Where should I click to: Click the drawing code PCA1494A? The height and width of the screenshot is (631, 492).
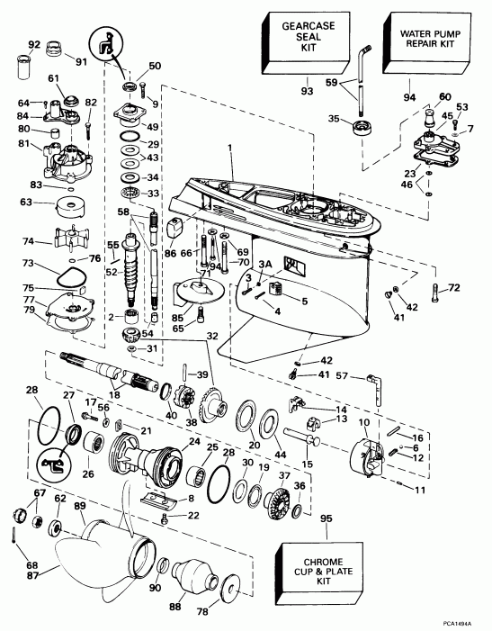point(464,621)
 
